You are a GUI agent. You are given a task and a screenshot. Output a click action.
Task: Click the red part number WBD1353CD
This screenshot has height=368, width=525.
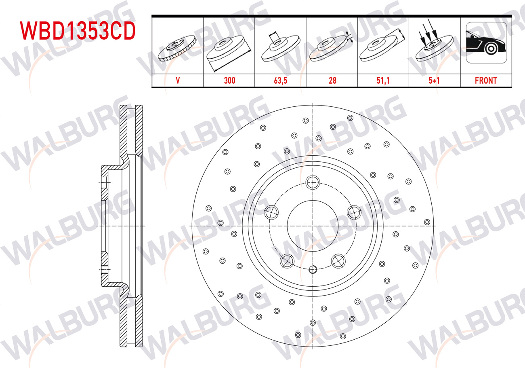click(78, 31)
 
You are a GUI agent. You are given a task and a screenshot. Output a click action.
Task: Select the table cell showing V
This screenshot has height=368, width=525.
click(178, 80)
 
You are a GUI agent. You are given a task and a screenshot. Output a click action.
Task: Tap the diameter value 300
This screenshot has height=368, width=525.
click(229, 80)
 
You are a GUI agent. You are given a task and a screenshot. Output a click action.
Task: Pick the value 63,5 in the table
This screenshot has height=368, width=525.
click(281, 80)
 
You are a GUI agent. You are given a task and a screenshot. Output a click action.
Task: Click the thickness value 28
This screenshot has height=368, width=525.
click(332, 80)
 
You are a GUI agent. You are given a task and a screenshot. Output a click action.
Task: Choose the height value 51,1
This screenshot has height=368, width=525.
click(383, 80)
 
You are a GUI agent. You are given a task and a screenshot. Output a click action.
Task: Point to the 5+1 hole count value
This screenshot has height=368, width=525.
click(434, 80)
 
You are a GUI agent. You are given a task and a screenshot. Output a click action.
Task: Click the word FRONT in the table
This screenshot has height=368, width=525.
click(486, 80)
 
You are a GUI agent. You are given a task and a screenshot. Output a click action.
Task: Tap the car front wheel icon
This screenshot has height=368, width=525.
click(486, 43)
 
